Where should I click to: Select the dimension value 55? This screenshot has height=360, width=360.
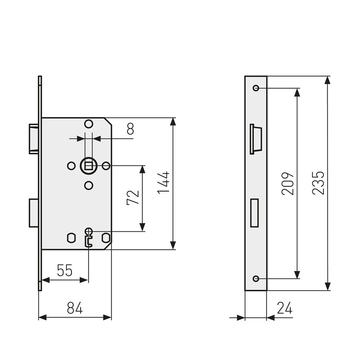click(65, 270)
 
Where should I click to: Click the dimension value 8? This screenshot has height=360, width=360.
click(130, 129)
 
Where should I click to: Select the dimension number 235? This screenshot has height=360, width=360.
click(318, 183)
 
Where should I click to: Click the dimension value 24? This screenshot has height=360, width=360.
click(284, 308)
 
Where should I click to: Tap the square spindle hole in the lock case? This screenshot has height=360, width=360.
click(89, 166)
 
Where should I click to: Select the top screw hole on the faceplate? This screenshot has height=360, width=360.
click(256, 88)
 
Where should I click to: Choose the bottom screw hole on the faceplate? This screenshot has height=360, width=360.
click(256, 279)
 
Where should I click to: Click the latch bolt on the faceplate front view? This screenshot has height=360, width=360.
click(255, 139)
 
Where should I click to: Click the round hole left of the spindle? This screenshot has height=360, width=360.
click(71, 166)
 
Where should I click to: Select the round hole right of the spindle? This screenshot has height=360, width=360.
click(106, 166)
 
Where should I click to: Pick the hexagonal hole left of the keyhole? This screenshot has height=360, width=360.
click(71, 237)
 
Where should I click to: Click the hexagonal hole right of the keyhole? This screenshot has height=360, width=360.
click(106, 237)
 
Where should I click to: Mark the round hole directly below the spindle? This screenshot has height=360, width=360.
click(89, 185)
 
